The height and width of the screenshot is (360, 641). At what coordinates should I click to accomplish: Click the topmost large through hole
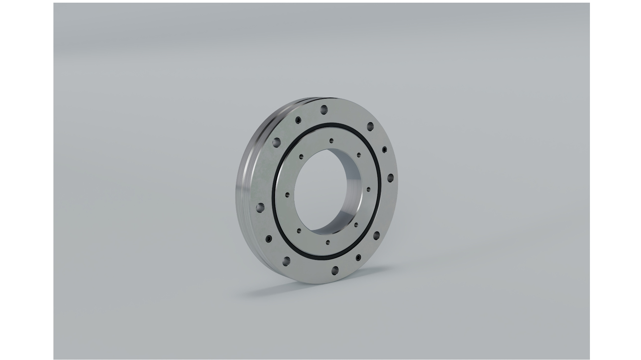pyautogui.click(x=324, y=110)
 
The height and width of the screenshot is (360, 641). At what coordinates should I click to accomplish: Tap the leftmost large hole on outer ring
pyautogui.click(x=260, y=208)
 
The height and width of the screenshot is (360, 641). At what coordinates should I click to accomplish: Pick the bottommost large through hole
pyautogui.click(x=335, y=270)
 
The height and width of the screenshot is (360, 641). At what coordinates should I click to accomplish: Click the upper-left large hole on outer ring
pyautogui.click(x=276, y=143)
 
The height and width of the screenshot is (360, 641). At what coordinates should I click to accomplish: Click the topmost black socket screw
pyautogui.click(x=297, y=120)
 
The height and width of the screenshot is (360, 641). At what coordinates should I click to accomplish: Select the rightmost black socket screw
pyautogui.click(x=384, y=149)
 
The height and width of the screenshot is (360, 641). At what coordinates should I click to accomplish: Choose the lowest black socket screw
pyautogui.click(x=358, y=258)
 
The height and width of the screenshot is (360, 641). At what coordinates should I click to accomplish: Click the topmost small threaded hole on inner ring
pyautogui.click(x=331, y=140)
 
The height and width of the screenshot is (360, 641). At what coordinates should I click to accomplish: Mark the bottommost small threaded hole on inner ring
pyautogui.click(x=328, y=242)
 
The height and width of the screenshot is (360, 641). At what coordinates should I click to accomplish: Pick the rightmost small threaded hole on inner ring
pyautogui.click(x=368, y=189)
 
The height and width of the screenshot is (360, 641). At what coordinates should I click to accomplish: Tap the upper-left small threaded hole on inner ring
pyautogui.click(x=301, y=155)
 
